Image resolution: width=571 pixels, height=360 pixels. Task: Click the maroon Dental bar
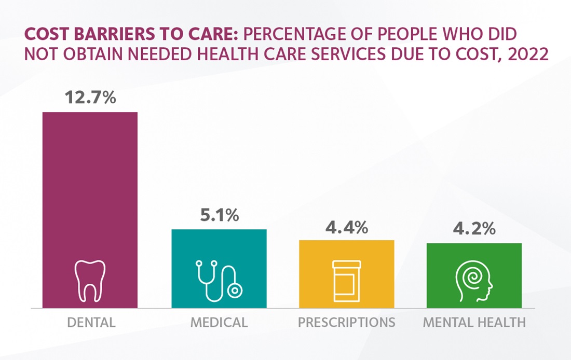tap(90, 187)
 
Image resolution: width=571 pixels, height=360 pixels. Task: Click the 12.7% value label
tap(90, 97)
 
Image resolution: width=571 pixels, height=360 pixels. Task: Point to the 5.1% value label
tap(219, 215)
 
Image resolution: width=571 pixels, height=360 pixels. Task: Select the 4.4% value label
tap(347, 226)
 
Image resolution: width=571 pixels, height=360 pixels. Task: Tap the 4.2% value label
tap(474, 229)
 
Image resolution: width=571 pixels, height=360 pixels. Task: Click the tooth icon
tap(90, 281)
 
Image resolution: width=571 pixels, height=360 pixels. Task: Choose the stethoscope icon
tap(219, 281)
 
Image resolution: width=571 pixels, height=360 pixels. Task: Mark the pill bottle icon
tap(346, 281)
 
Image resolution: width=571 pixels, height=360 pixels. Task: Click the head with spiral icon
tap(474, 281)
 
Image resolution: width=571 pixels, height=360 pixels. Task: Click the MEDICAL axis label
tap(219, 322)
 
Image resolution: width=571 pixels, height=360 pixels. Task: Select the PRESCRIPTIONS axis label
tap(346, 322)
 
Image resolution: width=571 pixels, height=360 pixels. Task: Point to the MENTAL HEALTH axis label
tap(474, 322)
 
